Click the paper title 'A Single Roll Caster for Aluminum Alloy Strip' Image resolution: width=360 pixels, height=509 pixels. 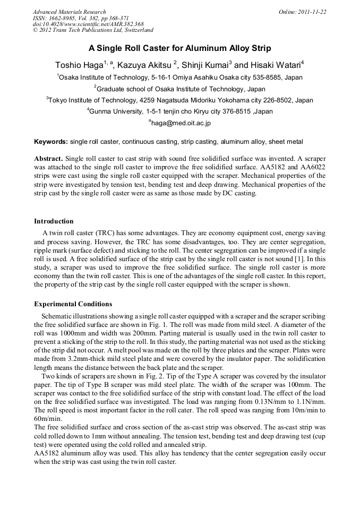point(179,48)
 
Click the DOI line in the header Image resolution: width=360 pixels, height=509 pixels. point(88,24)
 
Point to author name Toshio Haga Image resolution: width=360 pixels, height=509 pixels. point(79,66)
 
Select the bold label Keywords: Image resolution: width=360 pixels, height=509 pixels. point(51,142)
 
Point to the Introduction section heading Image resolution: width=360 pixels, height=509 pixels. point(54,221)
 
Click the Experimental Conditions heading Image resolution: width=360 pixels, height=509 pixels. point(73,304)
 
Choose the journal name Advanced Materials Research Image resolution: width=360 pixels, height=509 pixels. point(69,12)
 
